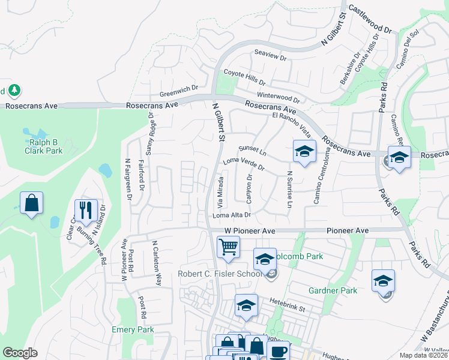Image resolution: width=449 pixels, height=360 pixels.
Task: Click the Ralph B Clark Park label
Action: click(x=44, y=146)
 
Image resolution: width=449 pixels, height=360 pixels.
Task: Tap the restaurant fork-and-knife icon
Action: click(x=85, y=209)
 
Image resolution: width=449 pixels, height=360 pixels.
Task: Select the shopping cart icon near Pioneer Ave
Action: click(x=228, y=246)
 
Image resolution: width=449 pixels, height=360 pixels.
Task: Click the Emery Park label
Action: click(x=133, y=329)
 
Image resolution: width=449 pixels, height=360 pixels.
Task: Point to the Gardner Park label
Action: click(x=333, y=290)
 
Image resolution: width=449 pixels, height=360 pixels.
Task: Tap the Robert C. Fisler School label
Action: click(x=220, y=274)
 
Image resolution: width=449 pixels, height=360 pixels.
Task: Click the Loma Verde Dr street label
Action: click(x=244, y=163)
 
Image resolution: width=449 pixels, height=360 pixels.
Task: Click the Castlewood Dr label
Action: click(x=370, y=20)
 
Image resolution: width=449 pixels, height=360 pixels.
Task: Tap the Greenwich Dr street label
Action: click(x=179, y=91)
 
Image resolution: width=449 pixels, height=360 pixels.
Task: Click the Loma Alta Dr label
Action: click(x=231, y=215)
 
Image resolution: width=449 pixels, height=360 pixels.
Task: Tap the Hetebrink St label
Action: click(x=288, y=304)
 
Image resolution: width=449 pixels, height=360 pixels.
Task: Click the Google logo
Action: click(x=20, y=353)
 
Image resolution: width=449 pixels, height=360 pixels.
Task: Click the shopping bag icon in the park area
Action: click(x=31, y=202)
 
